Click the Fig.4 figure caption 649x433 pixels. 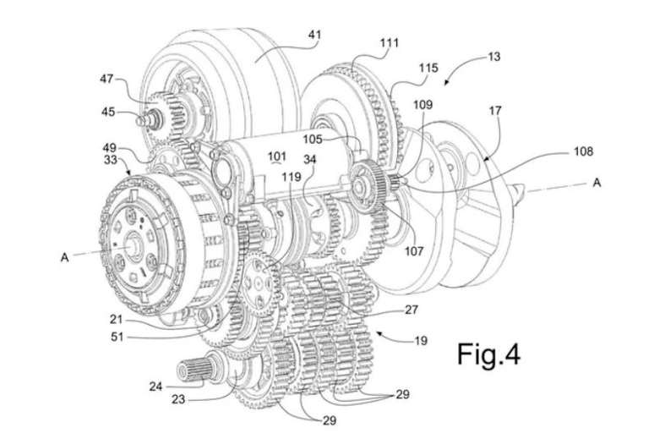tap(488, 354)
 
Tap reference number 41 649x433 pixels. tap(314, 35)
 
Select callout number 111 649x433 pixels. tap(389, 43)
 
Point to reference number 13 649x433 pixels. tap(494, 57)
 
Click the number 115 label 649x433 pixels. tap(428, 68)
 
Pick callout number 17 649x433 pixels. tap(495, 111)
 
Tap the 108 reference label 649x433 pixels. tap(583, 151)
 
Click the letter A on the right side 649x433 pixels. tap(597, 183)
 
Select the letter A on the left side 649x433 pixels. tap(64, 257)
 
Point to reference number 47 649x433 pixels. tap(106, 78)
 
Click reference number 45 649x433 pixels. tap(108, 112)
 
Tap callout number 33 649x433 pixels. tap(111, 160)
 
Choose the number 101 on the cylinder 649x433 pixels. tap(276, 156)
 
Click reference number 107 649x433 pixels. tap(414, 250)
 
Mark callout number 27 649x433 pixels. tap(411, 310)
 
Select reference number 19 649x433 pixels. tap(421, 341)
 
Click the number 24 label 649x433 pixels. tap(155, 386)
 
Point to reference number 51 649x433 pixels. tap(117, 337)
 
